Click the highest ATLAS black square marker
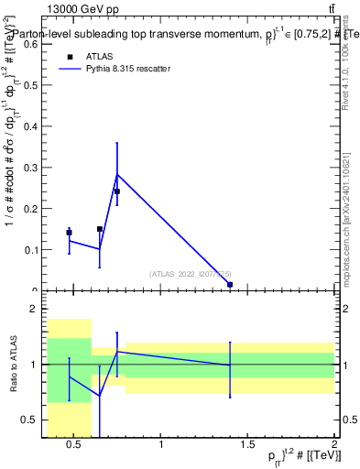pos(117,191)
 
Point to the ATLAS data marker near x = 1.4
pos(230,285)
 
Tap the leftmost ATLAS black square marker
pos(69,233)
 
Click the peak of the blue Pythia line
pos(117,174)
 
